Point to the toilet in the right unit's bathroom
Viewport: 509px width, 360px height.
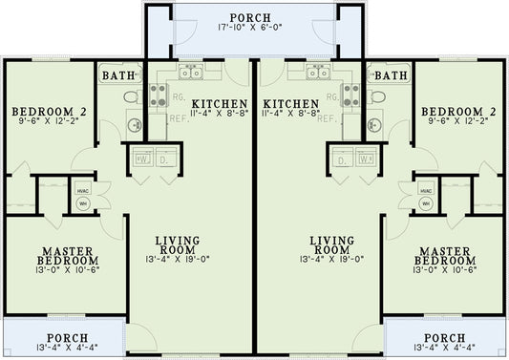coord(376,97)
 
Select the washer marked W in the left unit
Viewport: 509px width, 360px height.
coord(142,160)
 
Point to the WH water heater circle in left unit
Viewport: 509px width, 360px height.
coord(83,202)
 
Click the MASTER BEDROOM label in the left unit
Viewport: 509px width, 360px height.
coord(67,256)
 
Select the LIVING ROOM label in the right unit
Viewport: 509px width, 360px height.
coord(333,245)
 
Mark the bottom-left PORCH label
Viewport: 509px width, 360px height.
coord(64,337)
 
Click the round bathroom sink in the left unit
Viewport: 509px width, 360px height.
coord(133,124)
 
